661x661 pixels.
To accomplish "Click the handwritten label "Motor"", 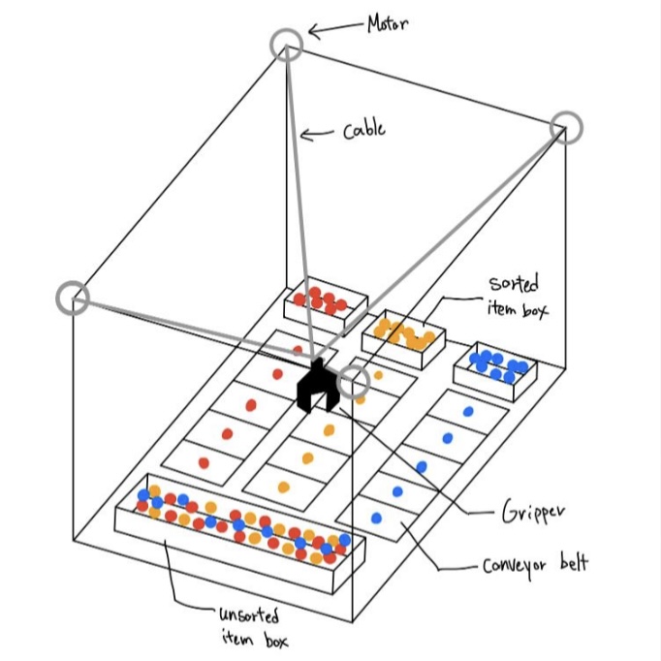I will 387,23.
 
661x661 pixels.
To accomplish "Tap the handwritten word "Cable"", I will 363,129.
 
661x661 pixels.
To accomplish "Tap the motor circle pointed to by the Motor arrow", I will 286,44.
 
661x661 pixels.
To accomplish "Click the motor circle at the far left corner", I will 74,299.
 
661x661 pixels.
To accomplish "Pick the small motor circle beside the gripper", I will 354,381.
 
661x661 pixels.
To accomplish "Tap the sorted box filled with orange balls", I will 402,336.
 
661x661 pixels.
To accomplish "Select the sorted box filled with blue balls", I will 495,366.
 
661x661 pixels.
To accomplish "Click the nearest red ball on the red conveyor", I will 204,462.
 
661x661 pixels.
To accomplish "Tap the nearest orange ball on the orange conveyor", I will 283,487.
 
